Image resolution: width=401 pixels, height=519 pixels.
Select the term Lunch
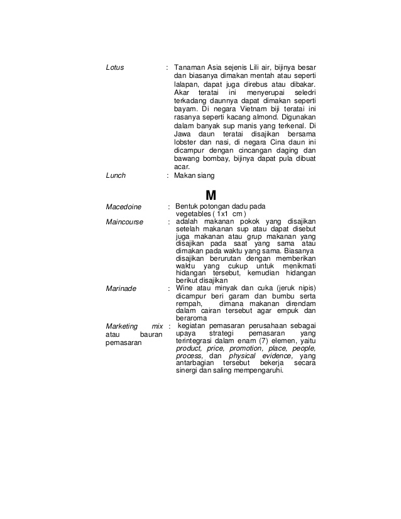coord(116,176)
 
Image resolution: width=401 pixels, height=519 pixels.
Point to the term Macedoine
coord(124,207)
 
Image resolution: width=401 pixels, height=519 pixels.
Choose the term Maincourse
coord(124,222)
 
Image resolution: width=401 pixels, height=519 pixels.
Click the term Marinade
coord(121,289)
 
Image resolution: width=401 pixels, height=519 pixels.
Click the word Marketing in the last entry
coord(121,325)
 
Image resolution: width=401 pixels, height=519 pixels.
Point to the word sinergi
coord(186,370)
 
